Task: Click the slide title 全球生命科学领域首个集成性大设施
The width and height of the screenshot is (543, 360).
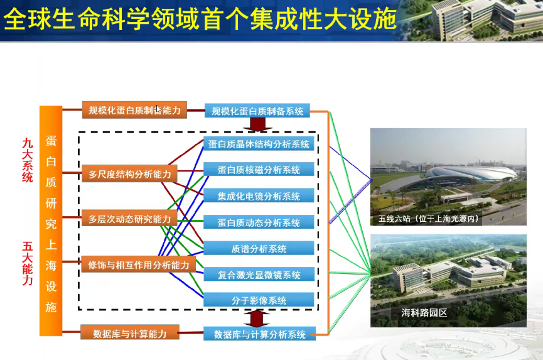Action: coord(200,19)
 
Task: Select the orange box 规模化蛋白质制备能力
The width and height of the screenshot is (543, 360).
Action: coord(134,110)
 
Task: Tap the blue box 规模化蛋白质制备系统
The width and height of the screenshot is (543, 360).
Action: coord(257,111)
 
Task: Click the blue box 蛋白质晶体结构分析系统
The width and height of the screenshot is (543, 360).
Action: coord(259,144)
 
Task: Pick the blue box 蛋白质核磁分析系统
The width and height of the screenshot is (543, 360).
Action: coord(259,170)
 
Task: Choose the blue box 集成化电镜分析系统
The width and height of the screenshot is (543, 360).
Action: coord(259,196)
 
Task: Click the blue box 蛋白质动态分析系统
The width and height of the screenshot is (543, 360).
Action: coord(259,222)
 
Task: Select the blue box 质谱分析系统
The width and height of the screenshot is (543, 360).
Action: coord(259,248)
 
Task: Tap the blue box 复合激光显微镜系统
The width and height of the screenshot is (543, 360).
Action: coord(259,275)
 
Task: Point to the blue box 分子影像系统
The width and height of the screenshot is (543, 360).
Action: coord(259,300)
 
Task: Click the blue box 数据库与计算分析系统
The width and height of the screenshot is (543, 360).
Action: coord(259,334)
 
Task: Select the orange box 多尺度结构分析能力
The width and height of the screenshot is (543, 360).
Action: coord(129,173)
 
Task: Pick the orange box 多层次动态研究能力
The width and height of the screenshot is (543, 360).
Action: coord(129,218)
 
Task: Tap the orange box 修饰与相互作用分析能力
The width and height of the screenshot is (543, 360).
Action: coord(139,265)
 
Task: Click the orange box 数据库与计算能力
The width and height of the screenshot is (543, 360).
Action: coord(130,333)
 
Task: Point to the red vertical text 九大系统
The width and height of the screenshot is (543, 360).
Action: coord(28,160)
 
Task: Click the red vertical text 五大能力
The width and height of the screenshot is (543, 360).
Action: coord(28,263)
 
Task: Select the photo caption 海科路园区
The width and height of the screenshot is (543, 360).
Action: coord(424,312)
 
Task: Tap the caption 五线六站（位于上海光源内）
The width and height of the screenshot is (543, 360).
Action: coord(429,218)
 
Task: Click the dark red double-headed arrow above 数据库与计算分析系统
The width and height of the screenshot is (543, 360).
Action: coord(257,319)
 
